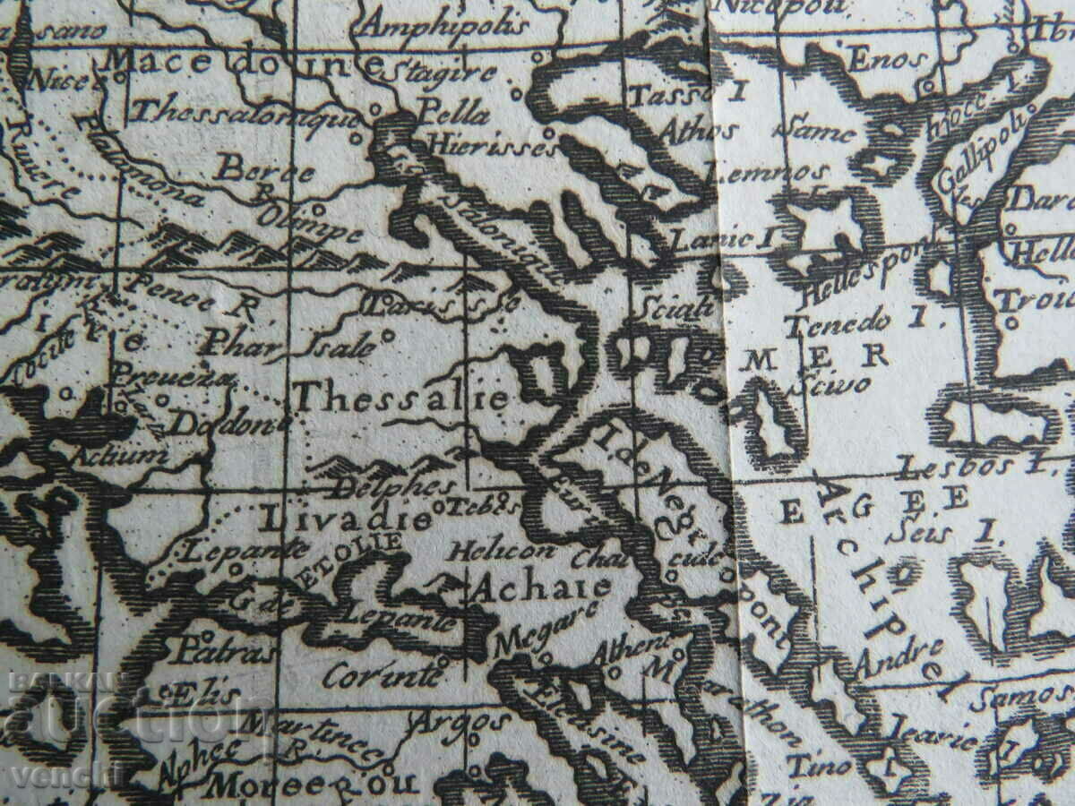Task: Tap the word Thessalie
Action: coord(400,397)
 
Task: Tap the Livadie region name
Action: coord(344,518)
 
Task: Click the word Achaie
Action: coord(541,588)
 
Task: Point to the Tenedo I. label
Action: coord(847,320)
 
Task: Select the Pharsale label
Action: coord(288,343)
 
